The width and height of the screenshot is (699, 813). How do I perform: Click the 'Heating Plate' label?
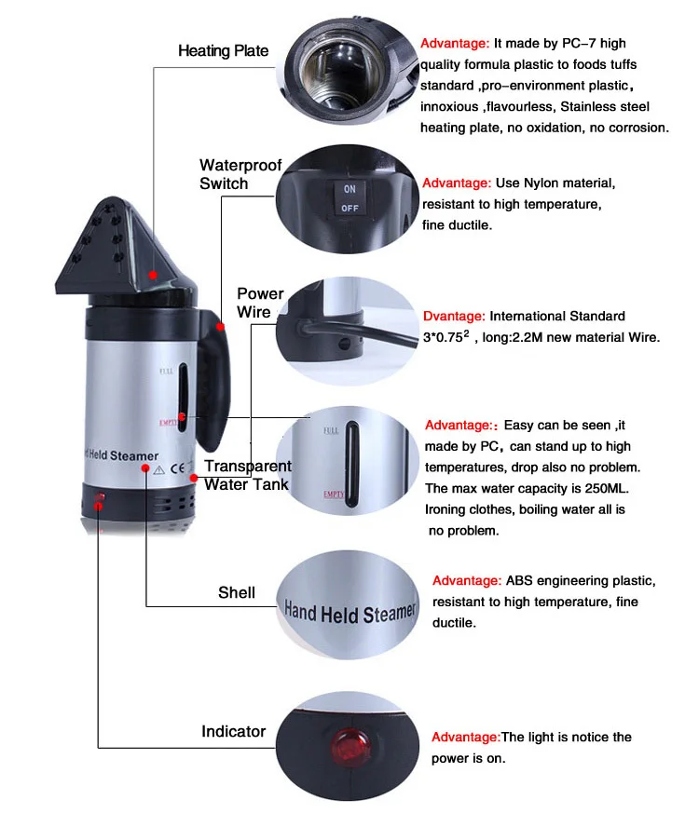click(x=223, y=50)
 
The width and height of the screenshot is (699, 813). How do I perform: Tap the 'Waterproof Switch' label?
click(x=240, y=174)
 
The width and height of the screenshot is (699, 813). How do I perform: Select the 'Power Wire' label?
click(x=260, y=303)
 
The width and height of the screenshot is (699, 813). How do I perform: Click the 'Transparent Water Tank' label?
click(x=247, y=475)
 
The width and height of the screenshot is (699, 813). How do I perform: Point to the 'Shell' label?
click(x=237, y=592)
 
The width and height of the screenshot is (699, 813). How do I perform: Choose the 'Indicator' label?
click(x=233, y=731)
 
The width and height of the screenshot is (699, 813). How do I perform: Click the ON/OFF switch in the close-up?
click(x=349, y=198)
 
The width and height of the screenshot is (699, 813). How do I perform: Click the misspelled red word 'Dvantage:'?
click(x=454, y=317)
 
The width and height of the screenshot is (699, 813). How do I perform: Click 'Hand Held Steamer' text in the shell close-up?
click(x=349, y=612)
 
